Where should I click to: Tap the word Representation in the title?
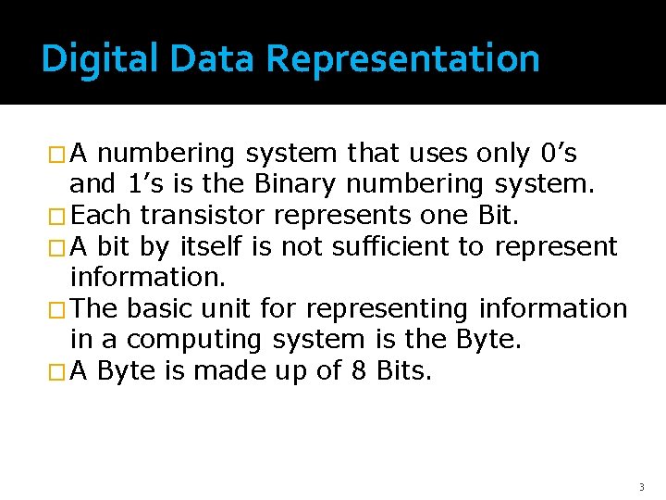pos(402,58)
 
